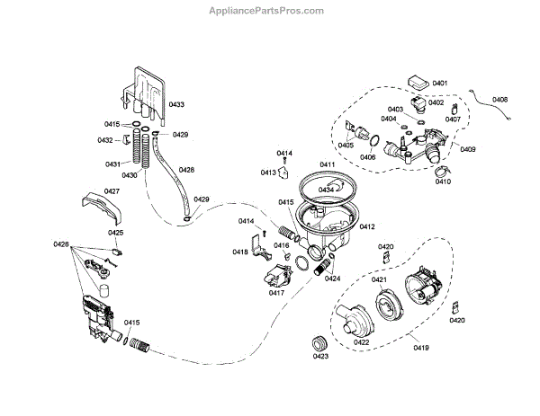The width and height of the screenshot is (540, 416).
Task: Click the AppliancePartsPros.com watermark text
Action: tap(269, 10)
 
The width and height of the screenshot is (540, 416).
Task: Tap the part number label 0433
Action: tap(176, 105)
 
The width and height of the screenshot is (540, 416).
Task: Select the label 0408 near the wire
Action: tap(500, 99)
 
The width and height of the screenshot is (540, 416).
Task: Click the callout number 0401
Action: tap(439, 83)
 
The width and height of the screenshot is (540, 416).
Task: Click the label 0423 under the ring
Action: tap(319, 356)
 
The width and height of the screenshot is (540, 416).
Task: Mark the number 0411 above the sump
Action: tap(327, 165)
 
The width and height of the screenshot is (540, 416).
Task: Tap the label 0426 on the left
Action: tap(61, 244)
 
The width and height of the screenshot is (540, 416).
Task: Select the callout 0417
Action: tap(276, 292)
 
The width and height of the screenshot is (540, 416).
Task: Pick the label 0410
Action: tap(442, 181)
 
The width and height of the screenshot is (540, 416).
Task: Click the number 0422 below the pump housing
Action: tap(361, 342)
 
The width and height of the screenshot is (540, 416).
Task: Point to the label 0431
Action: tap(113, 164)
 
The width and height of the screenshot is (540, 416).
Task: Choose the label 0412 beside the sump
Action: tap(367, 227)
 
